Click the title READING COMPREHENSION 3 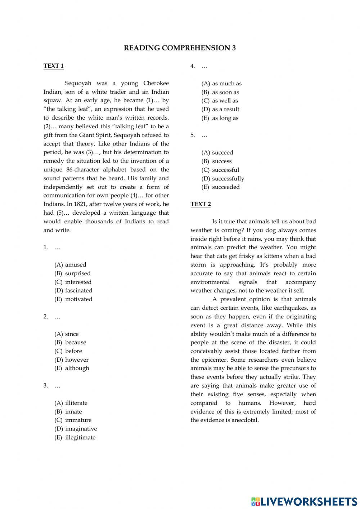[x=180, y=48]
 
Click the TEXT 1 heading [x=54, y=66]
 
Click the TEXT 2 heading [x=201, y=204]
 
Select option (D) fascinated [x=73, y=290]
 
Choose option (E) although [x=72, y=368]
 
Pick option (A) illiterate [x=71, y=403]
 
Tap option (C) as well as [x=220, y=101]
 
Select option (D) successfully [x=223, y=178]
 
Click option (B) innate [x=68, y=411]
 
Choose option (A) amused [x=71, y=264]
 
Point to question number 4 [x=193, y=66]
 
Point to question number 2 [x=46, y=317]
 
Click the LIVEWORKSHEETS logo [x=304, y=501]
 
